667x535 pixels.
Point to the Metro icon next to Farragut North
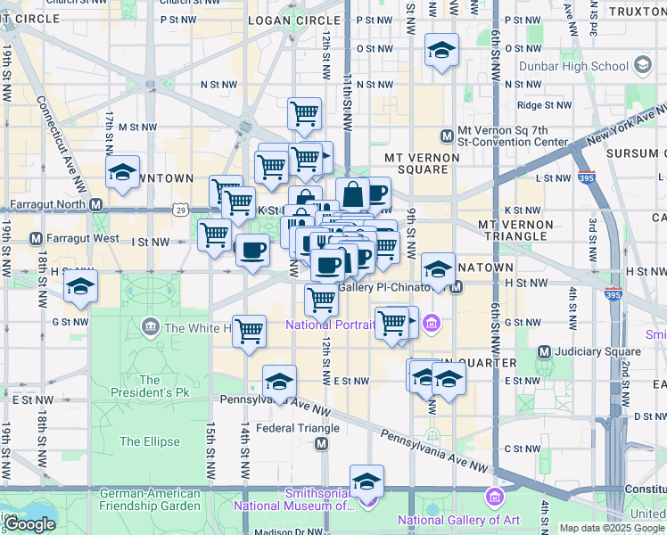[x=95, y=204]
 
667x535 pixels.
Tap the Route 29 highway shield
[x=181, y=210]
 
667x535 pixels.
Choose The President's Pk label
[x=150, y=386]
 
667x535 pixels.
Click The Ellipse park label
[x=149, y=441]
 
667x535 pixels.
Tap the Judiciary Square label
[x=592, y=351]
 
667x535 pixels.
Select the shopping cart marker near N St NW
[x=305, y=114]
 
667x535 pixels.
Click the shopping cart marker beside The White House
[x=249, y=330]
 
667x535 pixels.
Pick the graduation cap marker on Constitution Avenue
[x=366, y=481]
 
